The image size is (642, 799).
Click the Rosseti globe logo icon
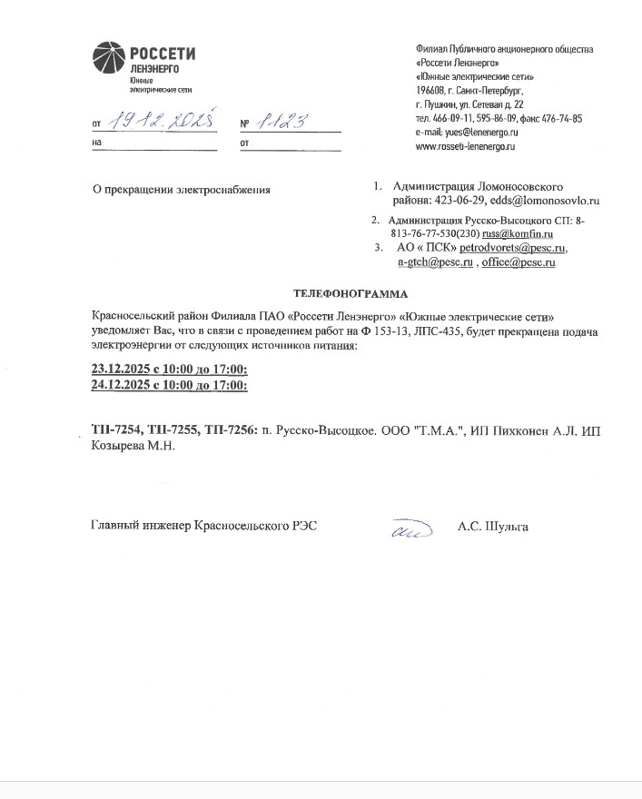(x=111, y=58)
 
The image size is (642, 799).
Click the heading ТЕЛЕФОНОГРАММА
(x=351, y=293)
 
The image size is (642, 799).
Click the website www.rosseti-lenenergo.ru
(x=465, y=145)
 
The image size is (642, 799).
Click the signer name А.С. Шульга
(x=493, y=527)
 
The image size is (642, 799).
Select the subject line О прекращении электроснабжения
(x=182, y=189)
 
